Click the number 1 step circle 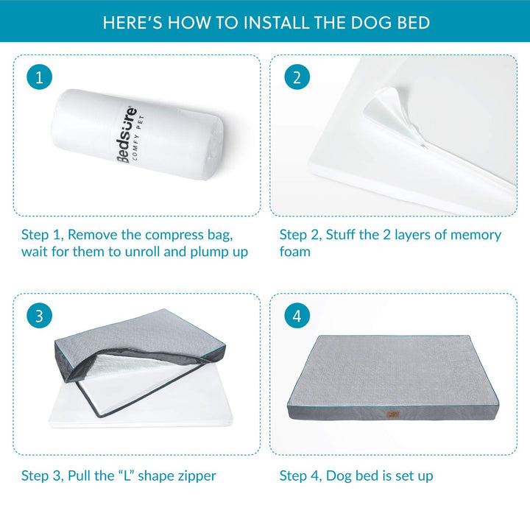[x=39, y=77]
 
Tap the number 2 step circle [x=297, y=77]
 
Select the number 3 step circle [x=39, y=316]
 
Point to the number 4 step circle [x=297, y=316]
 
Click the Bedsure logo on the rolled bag [x=127, y=135]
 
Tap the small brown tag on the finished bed [x=393, y=414]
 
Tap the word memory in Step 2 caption [x=476, y=236]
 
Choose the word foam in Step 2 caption [x=294, y=252]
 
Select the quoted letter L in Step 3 [x=127, y=476]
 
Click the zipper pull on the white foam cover [x=423, y=145]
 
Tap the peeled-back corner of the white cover [x=389, y=108]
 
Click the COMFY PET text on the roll [x=138, y=138]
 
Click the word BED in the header [x=414, y=23]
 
